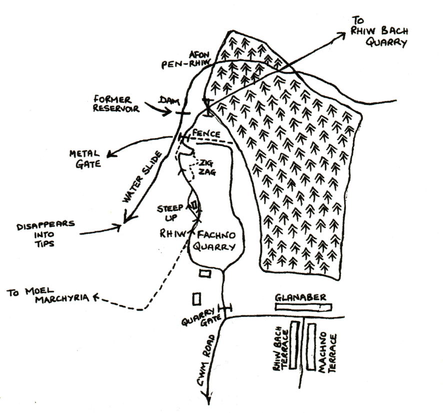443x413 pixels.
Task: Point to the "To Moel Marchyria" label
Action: click(x=46, y=294)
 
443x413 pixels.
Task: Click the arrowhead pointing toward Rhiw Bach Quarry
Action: click(x=341, y=35)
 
